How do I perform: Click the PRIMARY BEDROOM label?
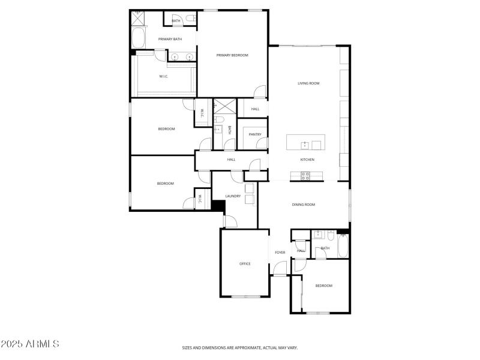(x=232, y=55)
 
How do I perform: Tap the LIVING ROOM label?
(x=308, y=83)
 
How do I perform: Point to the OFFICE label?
(x=245, y=264)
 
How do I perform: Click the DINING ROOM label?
(x=304, y=205)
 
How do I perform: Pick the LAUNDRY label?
(x=233, y=196)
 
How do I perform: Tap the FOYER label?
(x=280, y=253)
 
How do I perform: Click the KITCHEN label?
(x=307, y=160)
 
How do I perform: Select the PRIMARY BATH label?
(x=170, y=40)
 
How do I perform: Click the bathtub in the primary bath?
(x=137, y=38)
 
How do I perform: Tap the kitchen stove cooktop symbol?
(x=305, y=175)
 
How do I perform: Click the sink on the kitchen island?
(x=305, y=145)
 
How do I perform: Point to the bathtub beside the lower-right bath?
(x=343, y=247)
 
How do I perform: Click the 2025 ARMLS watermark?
(x=30, y=344)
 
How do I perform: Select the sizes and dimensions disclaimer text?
(x=240, y=347)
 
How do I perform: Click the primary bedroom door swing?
(x=259, y=92)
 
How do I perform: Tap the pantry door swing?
(x=262, y=144)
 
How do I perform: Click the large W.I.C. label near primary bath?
(x=163, y=76)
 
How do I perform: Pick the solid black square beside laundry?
(x=218, y=205)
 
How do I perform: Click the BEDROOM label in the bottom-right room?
(x=323, y=286)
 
